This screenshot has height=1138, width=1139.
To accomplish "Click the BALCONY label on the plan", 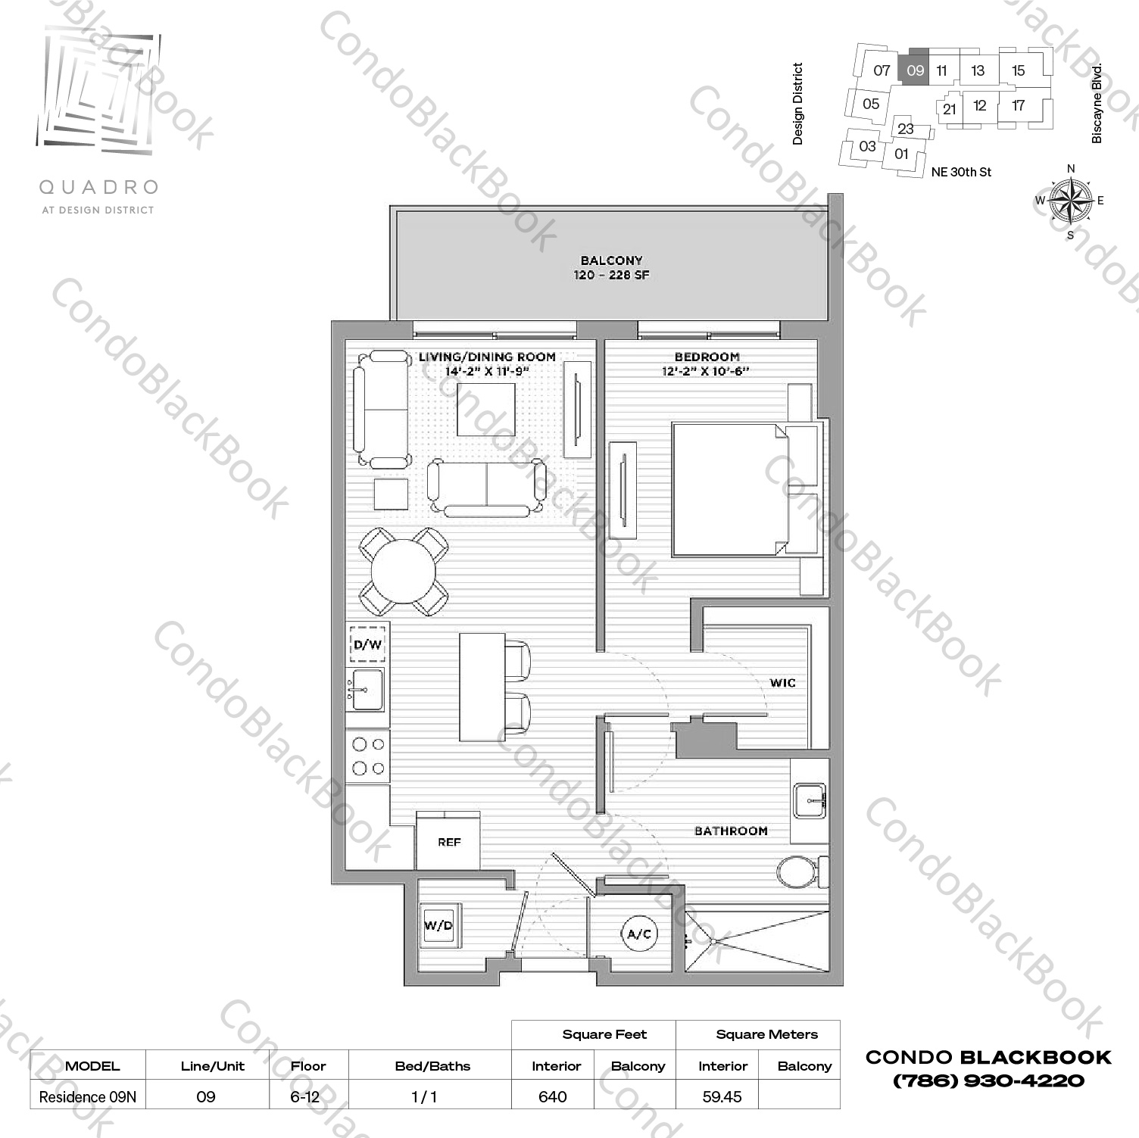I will [x=611, y=260].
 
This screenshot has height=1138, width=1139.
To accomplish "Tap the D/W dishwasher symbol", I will [x=367, y=644].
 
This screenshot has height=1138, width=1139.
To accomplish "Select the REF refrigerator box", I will [x=448, y=841].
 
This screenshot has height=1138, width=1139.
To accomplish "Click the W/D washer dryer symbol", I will [x=438, y=925].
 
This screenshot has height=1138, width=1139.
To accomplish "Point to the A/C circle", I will [x=639, y=934].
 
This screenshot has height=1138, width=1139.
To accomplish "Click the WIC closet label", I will [x=782, y=683].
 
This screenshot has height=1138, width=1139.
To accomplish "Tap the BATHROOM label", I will [x=731, y=831].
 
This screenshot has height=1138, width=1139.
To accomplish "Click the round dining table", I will [x=403, y=572].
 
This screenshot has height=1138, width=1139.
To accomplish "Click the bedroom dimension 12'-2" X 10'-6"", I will [x=705, y=371].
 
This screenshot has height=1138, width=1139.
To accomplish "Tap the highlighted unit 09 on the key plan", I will [x=915, y=70].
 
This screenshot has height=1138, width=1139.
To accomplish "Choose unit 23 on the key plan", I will [x=906, y=129].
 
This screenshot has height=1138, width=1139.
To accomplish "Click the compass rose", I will [x=1070, y=201].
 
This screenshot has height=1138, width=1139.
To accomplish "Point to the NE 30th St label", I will [x=961, y=172].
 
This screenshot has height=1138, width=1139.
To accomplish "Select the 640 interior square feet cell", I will [x=553, y=1096].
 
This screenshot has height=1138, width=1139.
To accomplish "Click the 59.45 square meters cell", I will [x=722, y=1096].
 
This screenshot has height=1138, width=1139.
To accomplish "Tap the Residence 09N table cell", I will [x=88, y=1096].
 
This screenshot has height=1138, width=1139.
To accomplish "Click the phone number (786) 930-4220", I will [x=988, y=1080].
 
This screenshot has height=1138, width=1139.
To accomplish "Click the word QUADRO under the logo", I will [x=98, y=186].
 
